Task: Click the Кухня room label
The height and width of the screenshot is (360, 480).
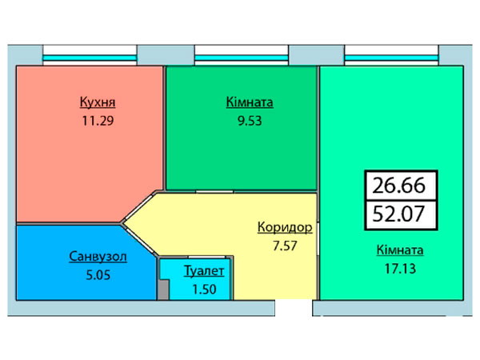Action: coord(98,102)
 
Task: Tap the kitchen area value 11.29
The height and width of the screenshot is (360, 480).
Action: coord(98,121)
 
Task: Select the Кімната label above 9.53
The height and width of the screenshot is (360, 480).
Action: coord(250,102)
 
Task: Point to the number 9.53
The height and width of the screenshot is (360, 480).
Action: coord(250,121)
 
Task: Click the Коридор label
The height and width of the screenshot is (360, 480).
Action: coord(285,227)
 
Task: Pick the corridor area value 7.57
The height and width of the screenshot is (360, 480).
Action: coord(285,246)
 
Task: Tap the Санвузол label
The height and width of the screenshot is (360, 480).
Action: coord(98,256)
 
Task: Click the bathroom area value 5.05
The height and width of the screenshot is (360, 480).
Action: coord(98,275)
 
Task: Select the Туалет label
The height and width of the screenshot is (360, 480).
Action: coord(204,271)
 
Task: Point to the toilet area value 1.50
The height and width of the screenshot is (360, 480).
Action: coord(204,290)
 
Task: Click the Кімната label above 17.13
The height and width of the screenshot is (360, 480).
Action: coord(400,250)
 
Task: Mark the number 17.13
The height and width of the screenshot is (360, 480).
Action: coord(400,269)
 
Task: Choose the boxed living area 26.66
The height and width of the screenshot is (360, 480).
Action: coord(399,186)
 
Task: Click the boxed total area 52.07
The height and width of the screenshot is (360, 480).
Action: coord(399,214)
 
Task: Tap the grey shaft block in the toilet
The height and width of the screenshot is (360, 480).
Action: coord(163,290)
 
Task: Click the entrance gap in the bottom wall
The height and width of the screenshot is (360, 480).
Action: coord(294,308)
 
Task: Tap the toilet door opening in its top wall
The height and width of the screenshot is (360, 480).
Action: coord(207,257)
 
